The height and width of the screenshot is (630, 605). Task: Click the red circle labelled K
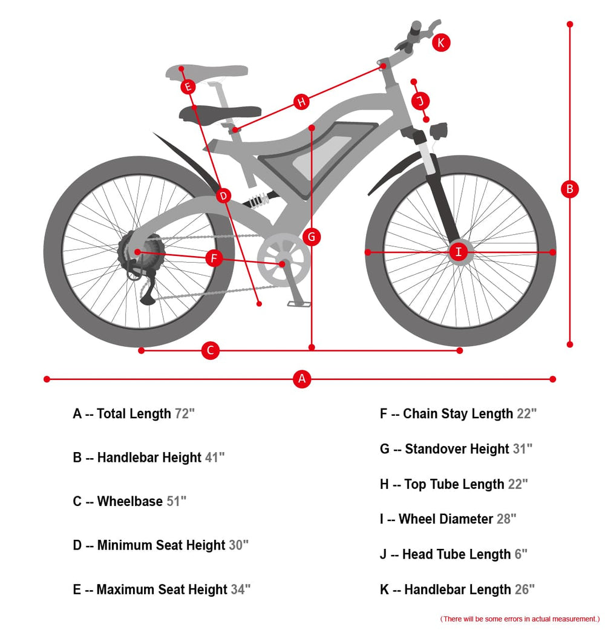point(440,42)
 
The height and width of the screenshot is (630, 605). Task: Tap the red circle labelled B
point(569,189)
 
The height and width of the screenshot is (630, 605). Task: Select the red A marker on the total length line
point(302,379)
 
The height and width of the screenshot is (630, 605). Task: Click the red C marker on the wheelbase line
point(210,350)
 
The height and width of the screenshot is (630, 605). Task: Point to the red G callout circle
point(312,237)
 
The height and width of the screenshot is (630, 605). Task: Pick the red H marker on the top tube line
point(301,102)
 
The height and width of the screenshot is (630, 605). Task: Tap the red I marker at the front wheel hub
point(459,252)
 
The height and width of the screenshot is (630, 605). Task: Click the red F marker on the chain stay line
point(214,258)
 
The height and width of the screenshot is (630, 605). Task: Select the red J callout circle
point(420,100)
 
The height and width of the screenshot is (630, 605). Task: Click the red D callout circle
point(223,196)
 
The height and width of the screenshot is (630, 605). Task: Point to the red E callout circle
point(188,87)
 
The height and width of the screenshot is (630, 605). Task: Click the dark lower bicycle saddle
point(220,114)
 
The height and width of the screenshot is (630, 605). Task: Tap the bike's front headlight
point(439,131)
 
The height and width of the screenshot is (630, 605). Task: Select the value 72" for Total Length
point(185,413)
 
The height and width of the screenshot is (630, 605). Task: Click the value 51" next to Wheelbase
point(177,501)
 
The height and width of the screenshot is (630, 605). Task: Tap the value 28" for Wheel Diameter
point(506,519)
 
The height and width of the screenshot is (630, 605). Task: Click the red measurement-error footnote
point(520,619)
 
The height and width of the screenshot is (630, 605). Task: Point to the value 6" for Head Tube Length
point(521,554)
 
